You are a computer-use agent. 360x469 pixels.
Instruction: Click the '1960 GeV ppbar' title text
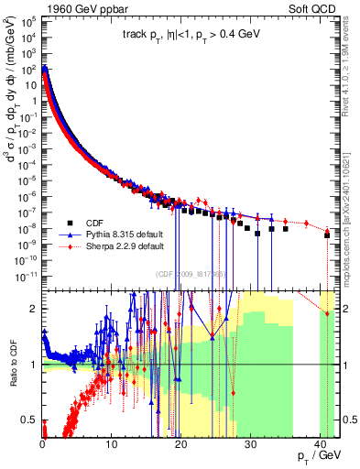click(x=86, y=8)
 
